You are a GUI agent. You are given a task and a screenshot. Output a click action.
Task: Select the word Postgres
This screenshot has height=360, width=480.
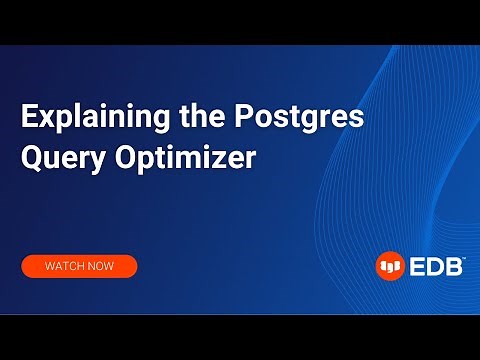click(298, 118)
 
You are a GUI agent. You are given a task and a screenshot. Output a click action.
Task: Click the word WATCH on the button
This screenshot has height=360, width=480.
click(66, 267)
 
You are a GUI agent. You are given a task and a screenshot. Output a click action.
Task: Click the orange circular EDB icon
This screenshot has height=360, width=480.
click(389, 266)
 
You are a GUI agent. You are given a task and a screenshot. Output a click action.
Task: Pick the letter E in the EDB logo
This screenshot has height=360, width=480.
click(416, 266)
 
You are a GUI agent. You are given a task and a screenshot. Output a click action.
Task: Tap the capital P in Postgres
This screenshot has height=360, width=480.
click(245, 117)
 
